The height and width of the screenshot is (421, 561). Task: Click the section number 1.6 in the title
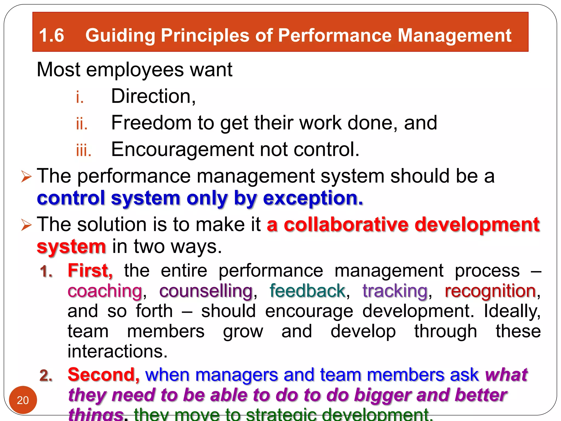[51, 36]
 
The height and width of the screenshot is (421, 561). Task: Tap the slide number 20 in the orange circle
[23, 400]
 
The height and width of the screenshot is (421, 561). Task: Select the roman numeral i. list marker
[80, 97]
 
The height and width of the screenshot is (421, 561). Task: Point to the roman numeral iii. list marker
[84, 150]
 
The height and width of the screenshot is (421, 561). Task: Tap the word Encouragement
[182, 150]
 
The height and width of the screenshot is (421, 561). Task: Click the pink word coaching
[105, 291]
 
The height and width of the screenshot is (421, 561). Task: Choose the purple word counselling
[206, 291]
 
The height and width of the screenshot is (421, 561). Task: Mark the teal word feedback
[307, 291]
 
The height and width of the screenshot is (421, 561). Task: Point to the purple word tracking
[395, 291]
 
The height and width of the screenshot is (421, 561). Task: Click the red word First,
[90, 271]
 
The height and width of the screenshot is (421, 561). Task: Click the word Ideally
[512, 311]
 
